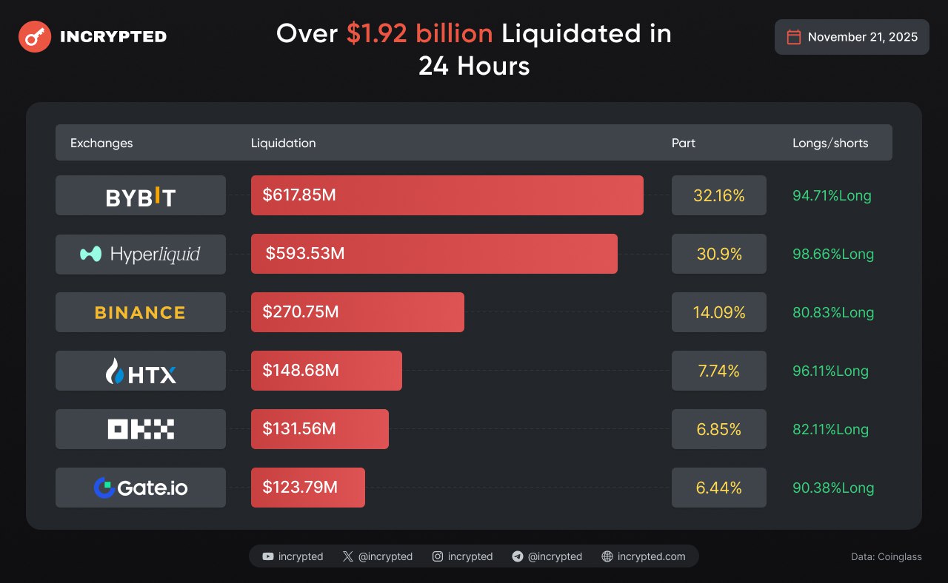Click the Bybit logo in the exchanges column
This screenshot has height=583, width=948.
141,196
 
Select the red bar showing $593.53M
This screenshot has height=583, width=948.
434,254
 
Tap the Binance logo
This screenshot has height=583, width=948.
141,312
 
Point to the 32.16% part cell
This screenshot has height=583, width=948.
718,196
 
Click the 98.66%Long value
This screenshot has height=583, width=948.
833,254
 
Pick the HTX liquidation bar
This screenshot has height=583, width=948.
327,371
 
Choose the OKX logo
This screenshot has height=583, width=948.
141,429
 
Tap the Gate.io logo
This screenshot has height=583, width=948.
141,488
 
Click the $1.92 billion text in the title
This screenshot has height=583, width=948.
419,34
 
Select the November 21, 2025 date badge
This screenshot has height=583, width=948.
852,37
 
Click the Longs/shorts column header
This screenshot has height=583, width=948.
830,143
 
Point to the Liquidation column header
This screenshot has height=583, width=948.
283,143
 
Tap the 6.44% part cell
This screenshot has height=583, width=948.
718,488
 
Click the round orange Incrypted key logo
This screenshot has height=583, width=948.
35,36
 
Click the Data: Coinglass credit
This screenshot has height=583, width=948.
887,556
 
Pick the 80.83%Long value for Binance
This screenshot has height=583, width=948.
833,312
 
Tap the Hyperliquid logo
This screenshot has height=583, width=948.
141,255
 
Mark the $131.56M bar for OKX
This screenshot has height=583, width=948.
320,429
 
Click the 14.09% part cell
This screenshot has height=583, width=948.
718,312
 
